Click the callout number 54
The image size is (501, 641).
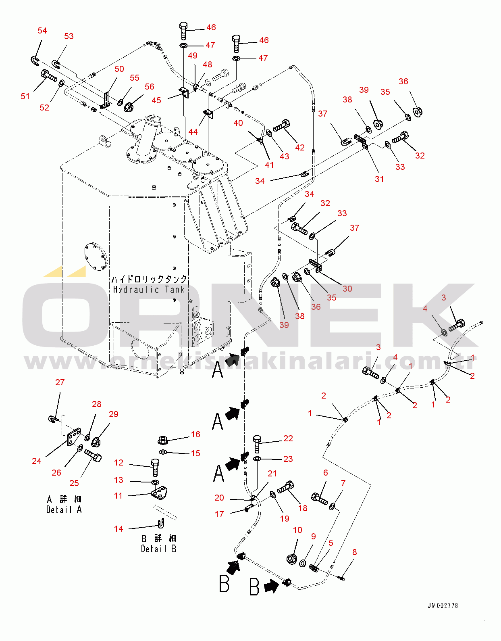pos(42,31)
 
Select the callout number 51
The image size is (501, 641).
pos(25,96)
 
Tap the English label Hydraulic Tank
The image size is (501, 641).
pos(149,290)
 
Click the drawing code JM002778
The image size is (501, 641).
pos(443,606)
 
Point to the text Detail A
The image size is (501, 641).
pos(64,509)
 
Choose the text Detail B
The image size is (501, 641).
pos(158,549)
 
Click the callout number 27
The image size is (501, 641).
pos(60,382)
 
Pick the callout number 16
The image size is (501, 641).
pos(195,434)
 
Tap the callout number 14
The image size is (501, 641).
pos(118,528)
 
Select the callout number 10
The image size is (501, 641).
pos(297,530)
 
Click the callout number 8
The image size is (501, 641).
pos(355,552)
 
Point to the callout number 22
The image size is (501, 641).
pos(288,438)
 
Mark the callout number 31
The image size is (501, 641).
pos(379,179)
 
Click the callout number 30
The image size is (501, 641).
pos(347,288)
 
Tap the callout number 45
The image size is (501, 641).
pos(156,100)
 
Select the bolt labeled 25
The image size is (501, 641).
pos(93,456)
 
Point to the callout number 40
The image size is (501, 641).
pos(238,123)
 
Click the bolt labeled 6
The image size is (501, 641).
pos(320,499)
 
